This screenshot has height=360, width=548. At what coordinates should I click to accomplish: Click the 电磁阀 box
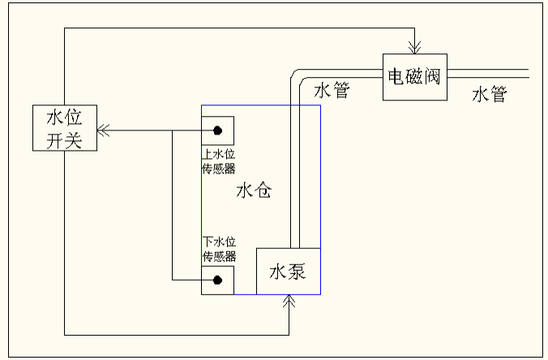(414, 77)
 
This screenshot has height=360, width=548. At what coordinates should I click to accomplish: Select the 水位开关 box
(65, 128)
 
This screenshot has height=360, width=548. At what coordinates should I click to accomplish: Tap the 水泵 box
(288, 271)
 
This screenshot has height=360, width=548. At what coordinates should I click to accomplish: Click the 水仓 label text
(254, 191)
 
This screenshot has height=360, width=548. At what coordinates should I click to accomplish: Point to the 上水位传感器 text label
(218, 161)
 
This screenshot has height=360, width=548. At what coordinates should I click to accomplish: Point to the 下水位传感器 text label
(218, 249)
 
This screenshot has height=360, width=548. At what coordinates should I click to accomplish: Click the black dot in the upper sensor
(218, 131)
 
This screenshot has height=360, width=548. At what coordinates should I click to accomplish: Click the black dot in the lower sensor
(218, 281)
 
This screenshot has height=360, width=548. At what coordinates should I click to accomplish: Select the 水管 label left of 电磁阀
(332, 90)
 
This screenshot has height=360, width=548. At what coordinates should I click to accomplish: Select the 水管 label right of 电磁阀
(489, 95)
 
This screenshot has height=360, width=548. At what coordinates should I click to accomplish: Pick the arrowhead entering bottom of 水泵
(289, 301)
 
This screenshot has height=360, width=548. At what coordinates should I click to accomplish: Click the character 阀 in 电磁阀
(430, 77)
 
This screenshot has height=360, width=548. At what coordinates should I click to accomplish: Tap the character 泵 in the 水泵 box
(298, 271)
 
